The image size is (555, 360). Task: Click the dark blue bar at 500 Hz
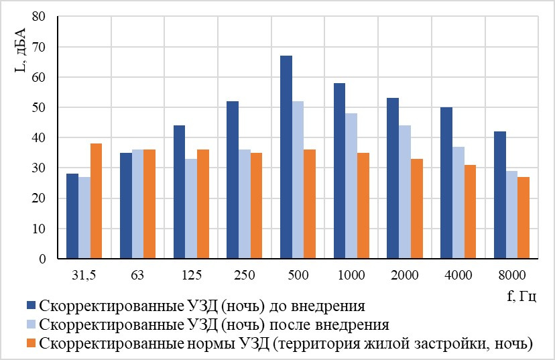(x=286, y=157)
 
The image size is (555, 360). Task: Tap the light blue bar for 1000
(x=351, y=186)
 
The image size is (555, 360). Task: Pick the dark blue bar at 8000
(x=500, y=195)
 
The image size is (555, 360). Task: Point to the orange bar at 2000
(x=417, y=209)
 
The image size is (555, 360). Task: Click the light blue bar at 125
(x=191, y=209)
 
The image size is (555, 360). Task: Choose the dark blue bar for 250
(x=233, y=180)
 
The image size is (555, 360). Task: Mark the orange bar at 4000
(x=470, y=212)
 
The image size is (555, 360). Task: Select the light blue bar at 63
(x=137, y=204)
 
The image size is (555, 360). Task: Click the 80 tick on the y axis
(x=39, y=16)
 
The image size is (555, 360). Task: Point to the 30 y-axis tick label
(x=39, y=168)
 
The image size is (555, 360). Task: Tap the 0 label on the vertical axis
(x=42, y=259)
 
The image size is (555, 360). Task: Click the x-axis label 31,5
(x=84, y=275)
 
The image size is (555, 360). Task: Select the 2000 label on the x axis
(x=405, y=275)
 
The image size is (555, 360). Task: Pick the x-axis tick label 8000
(x=512, y=275)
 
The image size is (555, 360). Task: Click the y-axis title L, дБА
(x=20, y=50)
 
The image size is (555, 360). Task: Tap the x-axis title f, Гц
(x=521, y=296)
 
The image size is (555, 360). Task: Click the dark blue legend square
(x=32, y=306)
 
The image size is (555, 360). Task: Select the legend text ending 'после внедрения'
(x=214, y=324)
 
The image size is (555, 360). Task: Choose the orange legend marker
(x=32, y=343)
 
